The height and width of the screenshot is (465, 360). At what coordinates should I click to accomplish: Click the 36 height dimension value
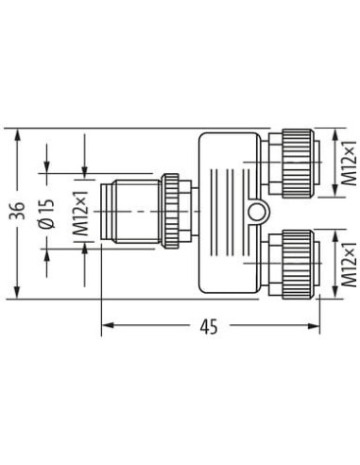tap(17, 212)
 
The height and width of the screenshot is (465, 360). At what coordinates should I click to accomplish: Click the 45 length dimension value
tap(209, 327)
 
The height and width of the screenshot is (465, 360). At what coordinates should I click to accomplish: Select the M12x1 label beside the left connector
tap(80, 214)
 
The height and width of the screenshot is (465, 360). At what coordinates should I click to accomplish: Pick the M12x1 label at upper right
tap(349, 163)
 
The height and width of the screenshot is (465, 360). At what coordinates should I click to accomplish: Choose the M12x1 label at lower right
tap(349, 265)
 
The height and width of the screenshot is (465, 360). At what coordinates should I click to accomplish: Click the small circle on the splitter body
tap(256, 212)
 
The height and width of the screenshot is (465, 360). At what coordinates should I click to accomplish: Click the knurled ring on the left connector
tap(170, 211)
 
